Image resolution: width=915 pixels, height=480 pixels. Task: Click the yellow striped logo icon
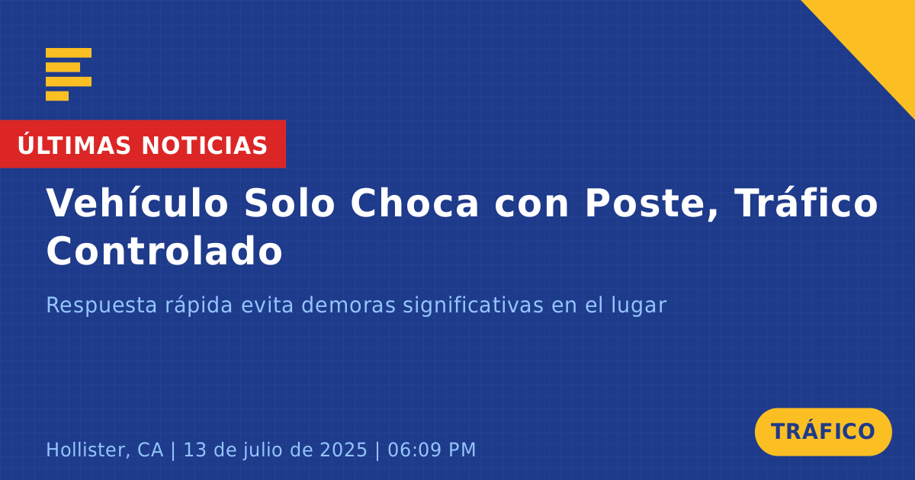click(69, 75)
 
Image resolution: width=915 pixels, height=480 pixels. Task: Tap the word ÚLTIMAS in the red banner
click(74, 145)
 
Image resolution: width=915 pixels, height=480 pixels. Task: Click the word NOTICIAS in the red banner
click(204, 146)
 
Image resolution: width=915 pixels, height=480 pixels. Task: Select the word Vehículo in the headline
click(137, 203)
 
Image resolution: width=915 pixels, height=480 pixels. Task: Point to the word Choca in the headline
click(414, 203)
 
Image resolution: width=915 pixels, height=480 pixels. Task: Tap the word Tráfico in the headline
click(805, 203)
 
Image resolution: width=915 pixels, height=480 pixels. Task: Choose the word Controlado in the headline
click(164, 251)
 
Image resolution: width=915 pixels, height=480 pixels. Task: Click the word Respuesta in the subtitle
click(101, 306)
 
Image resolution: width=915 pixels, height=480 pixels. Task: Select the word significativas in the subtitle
click(473, 306)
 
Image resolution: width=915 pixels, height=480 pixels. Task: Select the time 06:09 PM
click(432, 450)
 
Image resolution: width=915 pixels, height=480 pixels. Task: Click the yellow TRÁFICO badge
click(823, 432)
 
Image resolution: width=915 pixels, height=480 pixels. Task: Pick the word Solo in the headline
click(289, 203)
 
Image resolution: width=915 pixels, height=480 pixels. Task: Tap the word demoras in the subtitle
click(348, 306)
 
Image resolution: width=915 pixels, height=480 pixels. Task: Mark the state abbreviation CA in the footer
click(150, 450)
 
